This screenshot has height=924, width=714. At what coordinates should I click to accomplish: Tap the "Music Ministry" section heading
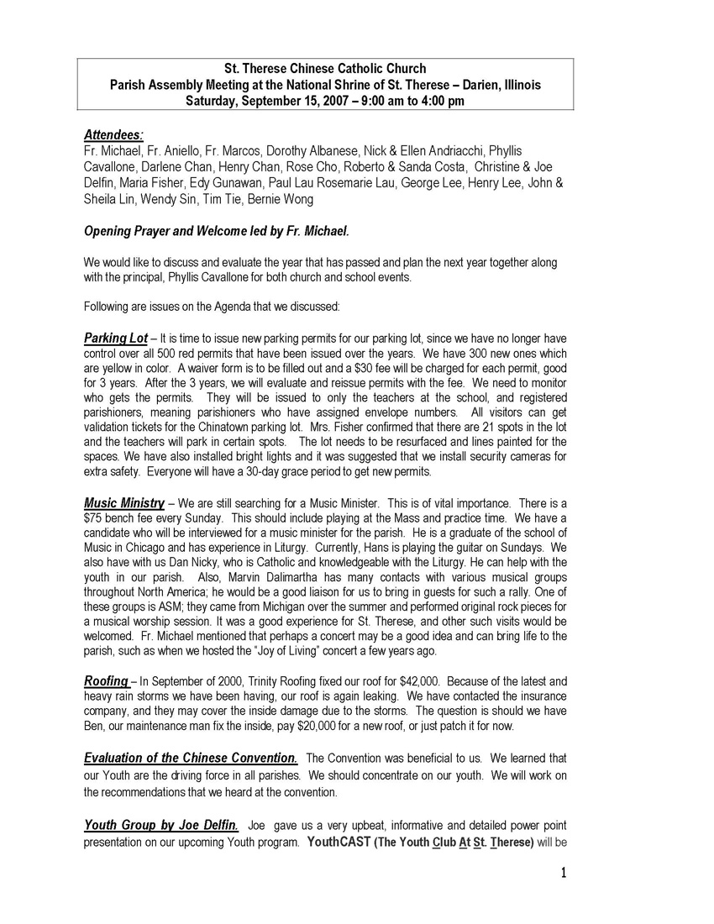coord(123,502)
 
